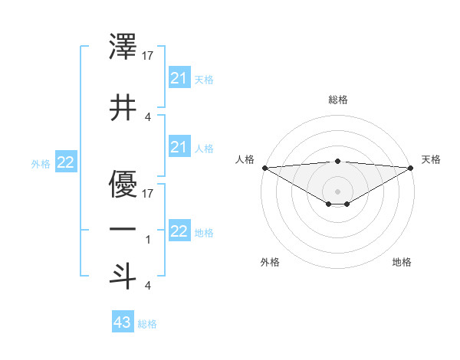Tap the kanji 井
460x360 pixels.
pyautogui.click(x=123, y=108)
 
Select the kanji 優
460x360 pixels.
pyautogui.click(x=123, y=184)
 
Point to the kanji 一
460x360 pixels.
pyautogui.click(x=123, y=229)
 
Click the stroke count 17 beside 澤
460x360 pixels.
pyautogui.click(x=149, y=55)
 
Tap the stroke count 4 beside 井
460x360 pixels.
pyautogui.click(x=148, y=117)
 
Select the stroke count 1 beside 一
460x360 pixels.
pyautogui.click(x=148, y=240)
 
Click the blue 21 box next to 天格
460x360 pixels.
pyautogui.click(x=179, y=78)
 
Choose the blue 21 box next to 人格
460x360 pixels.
pyautogui.click(x=179, y=147)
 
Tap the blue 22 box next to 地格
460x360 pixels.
pyautogui.click(x=179, y=231)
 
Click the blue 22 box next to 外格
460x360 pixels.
pyautogui.click(x=66, y=162)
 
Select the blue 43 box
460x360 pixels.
pyautogui.click(x=123, y=322)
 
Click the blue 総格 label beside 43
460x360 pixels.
pyautogui.click(x=147, y=324)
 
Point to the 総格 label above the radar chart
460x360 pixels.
pyautogui.click(x=337, y=100)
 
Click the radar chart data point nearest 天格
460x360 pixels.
pyautogui.click(x=411, y=168)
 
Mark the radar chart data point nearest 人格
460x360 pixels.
pyautogui.click(x=264, y=168)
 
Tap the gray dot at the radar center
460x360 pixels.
pyautogui.click(x=337, y=191)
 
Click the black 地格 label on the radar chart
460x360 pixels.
pyautogui.click(x=402, y=262)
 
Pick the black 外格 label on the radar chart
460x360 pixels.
pyautogui.click(x=270, y=262)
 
